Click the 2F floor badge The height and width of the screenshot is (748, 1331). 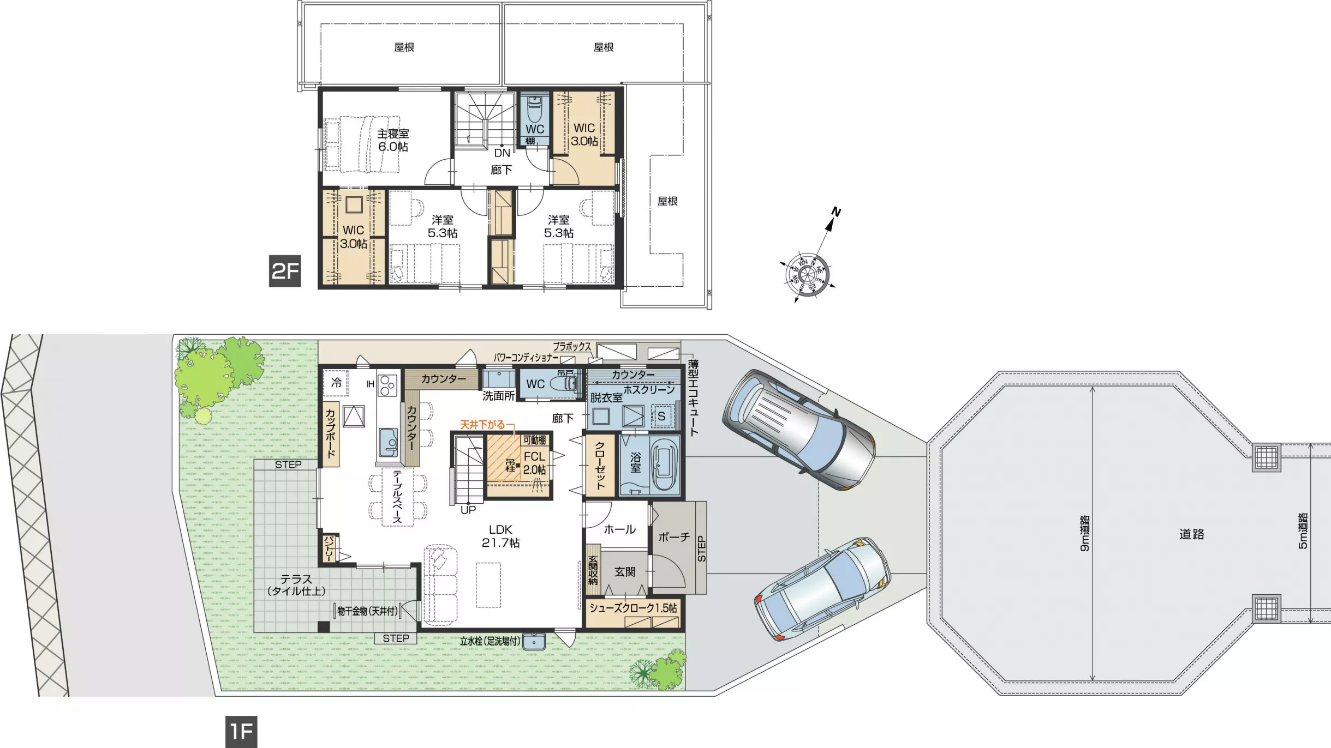tap(285, 270)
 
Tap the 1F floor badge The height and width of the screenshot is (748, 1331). tap(241, 732)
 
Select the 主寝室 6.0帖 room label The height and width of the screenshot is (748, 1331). tap(393, 140)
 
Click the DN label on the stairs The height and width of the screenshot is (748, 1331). tap(502, 153)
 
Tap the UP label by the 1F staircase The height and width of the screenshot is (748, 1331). tap(468, 510)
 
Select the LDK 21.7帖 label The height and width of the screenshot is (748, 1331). tap(500, 536)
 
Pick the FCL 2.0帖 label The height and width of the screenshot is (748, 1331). tap(534, 463)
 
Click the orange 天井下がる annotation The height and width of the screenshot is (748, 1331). tap(482, 424)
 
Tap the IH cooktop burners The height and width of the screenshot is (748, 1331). tap(388, 385)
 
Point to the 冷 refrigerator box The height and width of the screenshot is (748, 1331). tap(336, 383)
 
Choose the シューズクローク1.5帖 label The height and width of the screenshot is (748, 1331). tap(633, 608)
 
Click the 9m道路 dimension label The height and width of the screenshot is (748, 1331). tap(1085, 533)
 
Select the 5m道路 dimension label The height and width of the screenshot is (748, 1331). tap(1303, 530)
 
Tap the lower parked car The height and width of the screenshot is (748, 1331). tap(822, 589)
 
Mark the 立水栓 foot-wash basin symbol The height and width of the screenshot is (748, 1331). tap(534, 642)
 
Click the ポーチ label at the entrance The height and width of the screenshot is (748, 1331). tap(674, 537)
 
